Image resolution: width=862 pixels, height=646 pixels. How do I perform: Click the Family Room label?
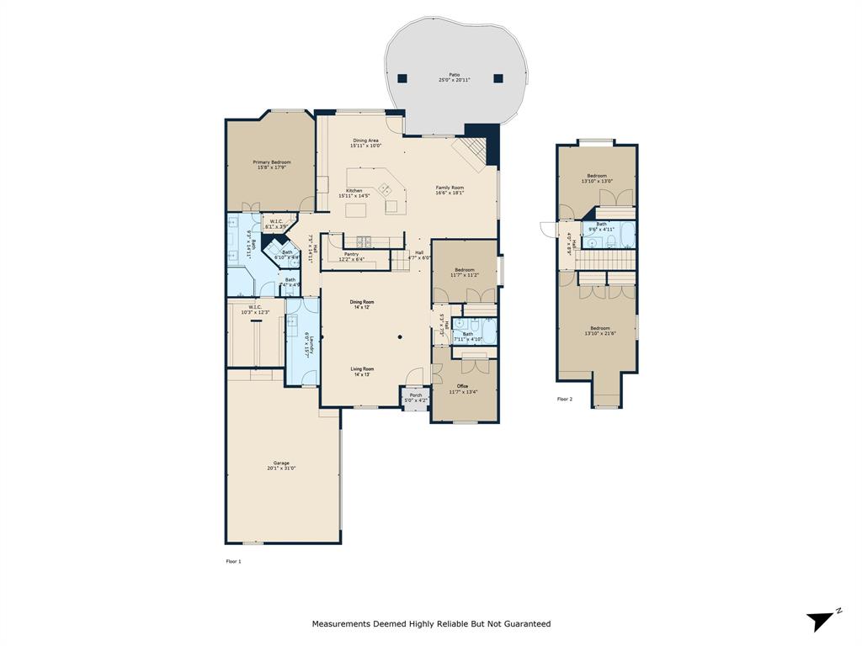(x=450, y=189)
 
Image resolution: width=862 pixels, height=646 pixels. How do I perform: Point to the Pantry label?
(x=351, y=256)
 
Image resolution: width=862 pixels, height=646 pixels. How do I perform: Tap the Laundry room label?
(x=309, y=346)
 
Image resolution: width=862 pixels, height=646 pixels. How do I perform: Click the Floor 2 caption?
(x=564, y=399)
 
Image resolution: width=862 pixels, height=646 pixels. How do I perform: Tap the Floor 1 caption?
(x=233, y=561)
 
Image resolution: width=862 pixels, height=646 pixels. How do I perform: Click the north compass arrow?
(x=821, y=621)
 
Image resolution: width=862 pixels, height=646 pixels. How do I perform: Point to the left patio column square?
(x=402, y=78)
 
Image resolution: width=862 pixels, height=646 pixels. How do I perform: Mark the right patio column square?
(x=498, y=78)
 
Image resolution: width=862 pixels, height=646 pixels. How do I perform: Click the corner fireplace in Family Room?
(x=469, y=154)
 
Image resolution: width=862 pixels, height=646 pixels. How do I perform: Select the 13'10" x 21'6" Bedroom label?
(x=599, y=331)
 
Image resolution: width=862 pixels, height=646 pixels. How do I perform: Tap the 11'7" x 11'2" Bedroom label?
(x=464, y=272)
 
